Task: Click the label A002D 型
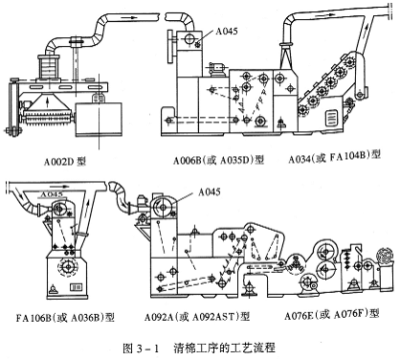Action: click(65, 162)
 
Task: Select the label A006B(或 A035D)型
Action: click(218, 160)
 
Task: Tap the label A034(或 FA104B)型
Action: click(335, 157)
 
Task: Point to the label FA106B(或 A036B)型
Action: click(65, 318)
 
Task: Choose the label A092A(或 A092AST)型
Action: click(197, 316)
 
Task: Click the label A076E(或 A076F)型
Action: click(332, 315)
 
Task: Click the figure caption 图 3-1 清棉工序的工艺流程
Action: click(199, 348)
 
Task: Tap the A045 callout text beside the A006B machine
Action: click(227, 31)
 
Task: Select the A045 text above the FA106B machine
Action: click(52, 193)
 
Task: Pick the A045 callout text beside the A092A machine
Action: click(210, 191)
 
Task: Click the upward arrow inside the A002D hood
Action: click(48, 103)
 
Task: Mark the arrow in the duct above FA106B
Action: click(62, 186)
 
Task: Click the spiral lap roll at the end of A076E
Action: click(386, 256)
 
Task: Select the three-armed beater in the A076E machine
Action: click(295, 264)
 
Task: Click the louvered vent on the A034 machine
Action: click(330, 118)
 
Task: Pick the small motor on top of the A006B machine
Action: click(217, 69)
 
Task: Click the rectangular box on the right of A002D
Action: click(99, 119)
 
